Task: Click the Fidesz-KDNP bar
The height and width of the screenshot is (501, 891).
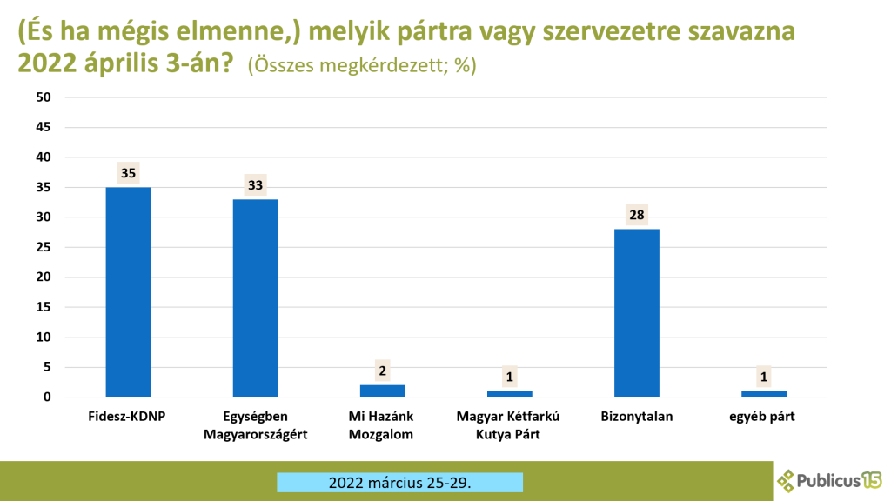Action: pyautogui.click(x=129, y=292)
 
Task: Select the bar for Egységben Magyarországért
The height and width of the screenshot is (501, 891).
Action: pyautogui.click(x=256, y=297)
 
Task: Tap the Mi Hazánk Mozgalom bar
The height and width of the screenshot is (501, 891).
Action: pyautogui.click(x=383, y=391)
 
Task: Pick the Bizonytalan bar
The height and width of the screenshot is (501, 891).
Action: pyautogui.click(x=637, y=313)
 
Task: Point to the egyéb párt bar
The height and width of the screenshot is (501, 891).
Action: pyautogui.click(x=764, y=394)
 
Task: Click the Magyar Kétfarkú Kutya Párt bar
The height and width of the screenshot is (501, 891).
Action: pyautogui.click(x=510, y=394)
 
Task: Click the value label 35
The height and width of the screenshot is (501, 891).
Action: pyautogui.click(x=129, y=173)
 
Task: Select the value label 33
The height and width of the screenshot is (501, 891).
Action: pyautogui.click(x=256, y=184)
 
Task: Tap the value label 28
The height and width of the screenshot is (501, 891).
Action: pyautogui.click(x=637, y=215)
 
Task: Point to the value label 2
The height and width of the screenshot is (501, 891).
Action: pyautogui.click(x=383, y=371)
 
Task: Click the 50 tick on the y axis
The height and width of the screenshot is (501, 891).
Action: pyautogui.click(x=44, y=97)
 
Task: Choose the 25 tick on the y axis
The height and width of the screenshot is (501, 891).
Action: pyautogui.click(x=44, y=247)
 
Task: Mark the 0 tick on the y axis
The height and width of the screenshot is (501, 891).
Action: pyautogui.click(x=47, y=397)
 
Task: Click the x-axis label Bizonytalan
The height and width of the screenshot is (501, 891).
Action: pyautogui.click(x=636, y=417)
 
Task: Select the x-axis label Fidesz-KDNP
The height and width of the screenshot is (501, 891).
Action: pyautogui.click(x=127, y=417)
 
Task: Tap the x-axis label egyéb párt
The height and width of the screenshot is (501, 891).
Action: pyautogui.click(x=762, y=417)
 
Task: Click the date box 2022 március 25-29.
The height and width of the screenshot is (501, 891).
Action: pyautogui.click(x=400, y=482)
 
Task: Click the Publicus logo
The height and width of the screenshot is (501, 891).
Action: pyautogui.click(x=829, y=480)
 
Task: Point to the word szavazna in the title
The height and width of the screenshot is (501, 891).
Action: pyautogui.click(x=741, y=32)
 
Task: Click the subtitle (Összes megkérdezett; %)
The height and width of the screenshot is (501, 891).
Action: pyautogui.click(x=362, y=65)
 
